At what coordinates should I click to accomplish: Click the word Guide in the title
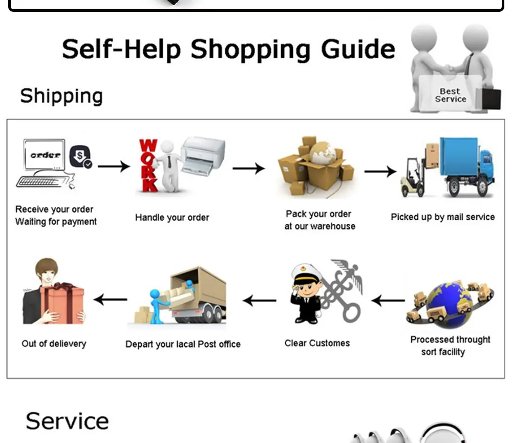click(x=358, y=49)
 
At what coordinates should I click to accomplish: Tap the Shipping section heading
click(x=61, y=96)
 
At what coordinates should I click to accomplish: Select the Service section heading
click(x=67, y=421)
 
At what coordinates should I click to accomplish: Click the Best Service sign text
click(x=450, y=95)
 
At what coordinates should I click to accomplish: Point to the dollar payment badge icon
click(x=80, y=156)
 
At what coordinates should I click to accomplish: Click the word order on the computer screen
click(x=46, y=155)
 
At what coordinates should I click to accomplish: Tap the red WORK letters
click(x=148, y=165)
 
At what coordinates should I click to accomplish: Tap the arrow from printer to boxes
click(x=248, y=168)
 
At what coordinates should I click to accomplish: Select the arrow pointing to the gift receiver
click(x=111, y=299)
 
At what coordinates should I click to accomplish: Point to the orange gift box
click(x=61, y=304)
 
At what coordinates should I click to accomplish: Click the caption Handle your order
click(x=172, y=218)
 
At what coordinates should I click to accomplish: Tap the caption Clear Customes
click(x=317, y=343)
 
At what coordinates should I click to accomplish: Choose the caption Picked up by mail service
click(x=443, y=217)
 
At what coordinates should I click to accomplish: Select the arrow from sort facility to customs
click(x=388, y=301)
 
